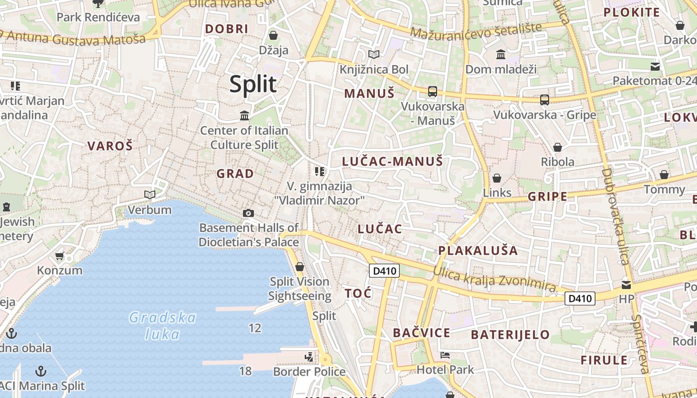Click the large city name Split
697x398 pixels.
pos(252,85)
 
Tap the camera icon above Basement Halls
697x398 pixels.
pos(248,213)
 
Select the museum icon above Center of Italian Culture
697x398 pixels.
pos(244,116)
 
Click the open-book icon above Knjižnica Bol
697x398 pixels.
pos(373,54)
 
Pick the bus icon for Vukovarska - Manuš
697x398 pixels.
pos(432,92)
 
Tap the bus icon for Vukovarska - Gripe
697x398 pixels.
pos(544,100)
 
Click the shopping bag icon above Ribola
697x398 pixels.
pos(558,147)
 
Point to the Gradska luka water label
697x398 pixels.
pos(162,325)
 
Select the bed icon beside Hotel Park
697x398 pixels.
pos(445,355)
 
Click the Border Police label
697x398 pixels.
pos(309,372)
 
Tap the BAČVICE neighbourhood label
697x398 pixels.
pos(421,333)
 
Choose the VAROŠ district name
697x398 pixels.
pos(110,146)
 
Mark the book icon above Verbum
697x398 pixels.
pos(149,195)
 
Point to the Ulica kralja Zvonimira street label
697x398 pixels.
pos(494,279)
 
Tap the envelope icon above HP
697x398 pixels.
pos(626,285)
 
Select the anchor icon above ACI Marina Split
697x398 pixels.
pos(41,371)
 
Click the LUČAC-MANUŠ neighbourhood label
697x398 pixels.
pos(392,161)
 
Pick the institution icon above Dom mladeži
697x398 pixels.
pos(500,54)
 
